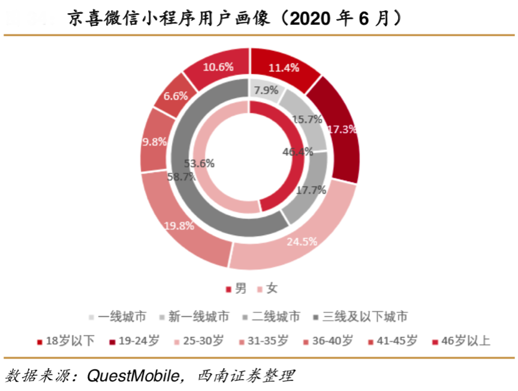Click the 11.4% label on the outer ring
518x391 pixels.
pyautogui.click(x=284, y=68)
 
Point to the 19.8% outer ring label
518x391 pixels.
pyautogui.click(x=179, y=226)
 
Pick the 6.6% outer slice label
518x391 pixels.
pyautogui.click(x=176, y=95)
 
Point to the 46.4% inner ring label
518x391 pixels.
pyautogui.click(x=298, y=152)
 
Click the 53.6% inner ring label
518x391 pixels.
pyautogui.click(x=200, y=163)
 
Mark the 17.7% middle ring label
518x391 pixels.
pyautogui.click(x=311, y=190)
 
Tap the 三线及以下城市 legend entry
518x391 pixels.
pyautogui.click(x=365, y=317)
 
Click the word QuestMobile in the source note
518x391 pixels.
pyautogui.click(x=135, y=376)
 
